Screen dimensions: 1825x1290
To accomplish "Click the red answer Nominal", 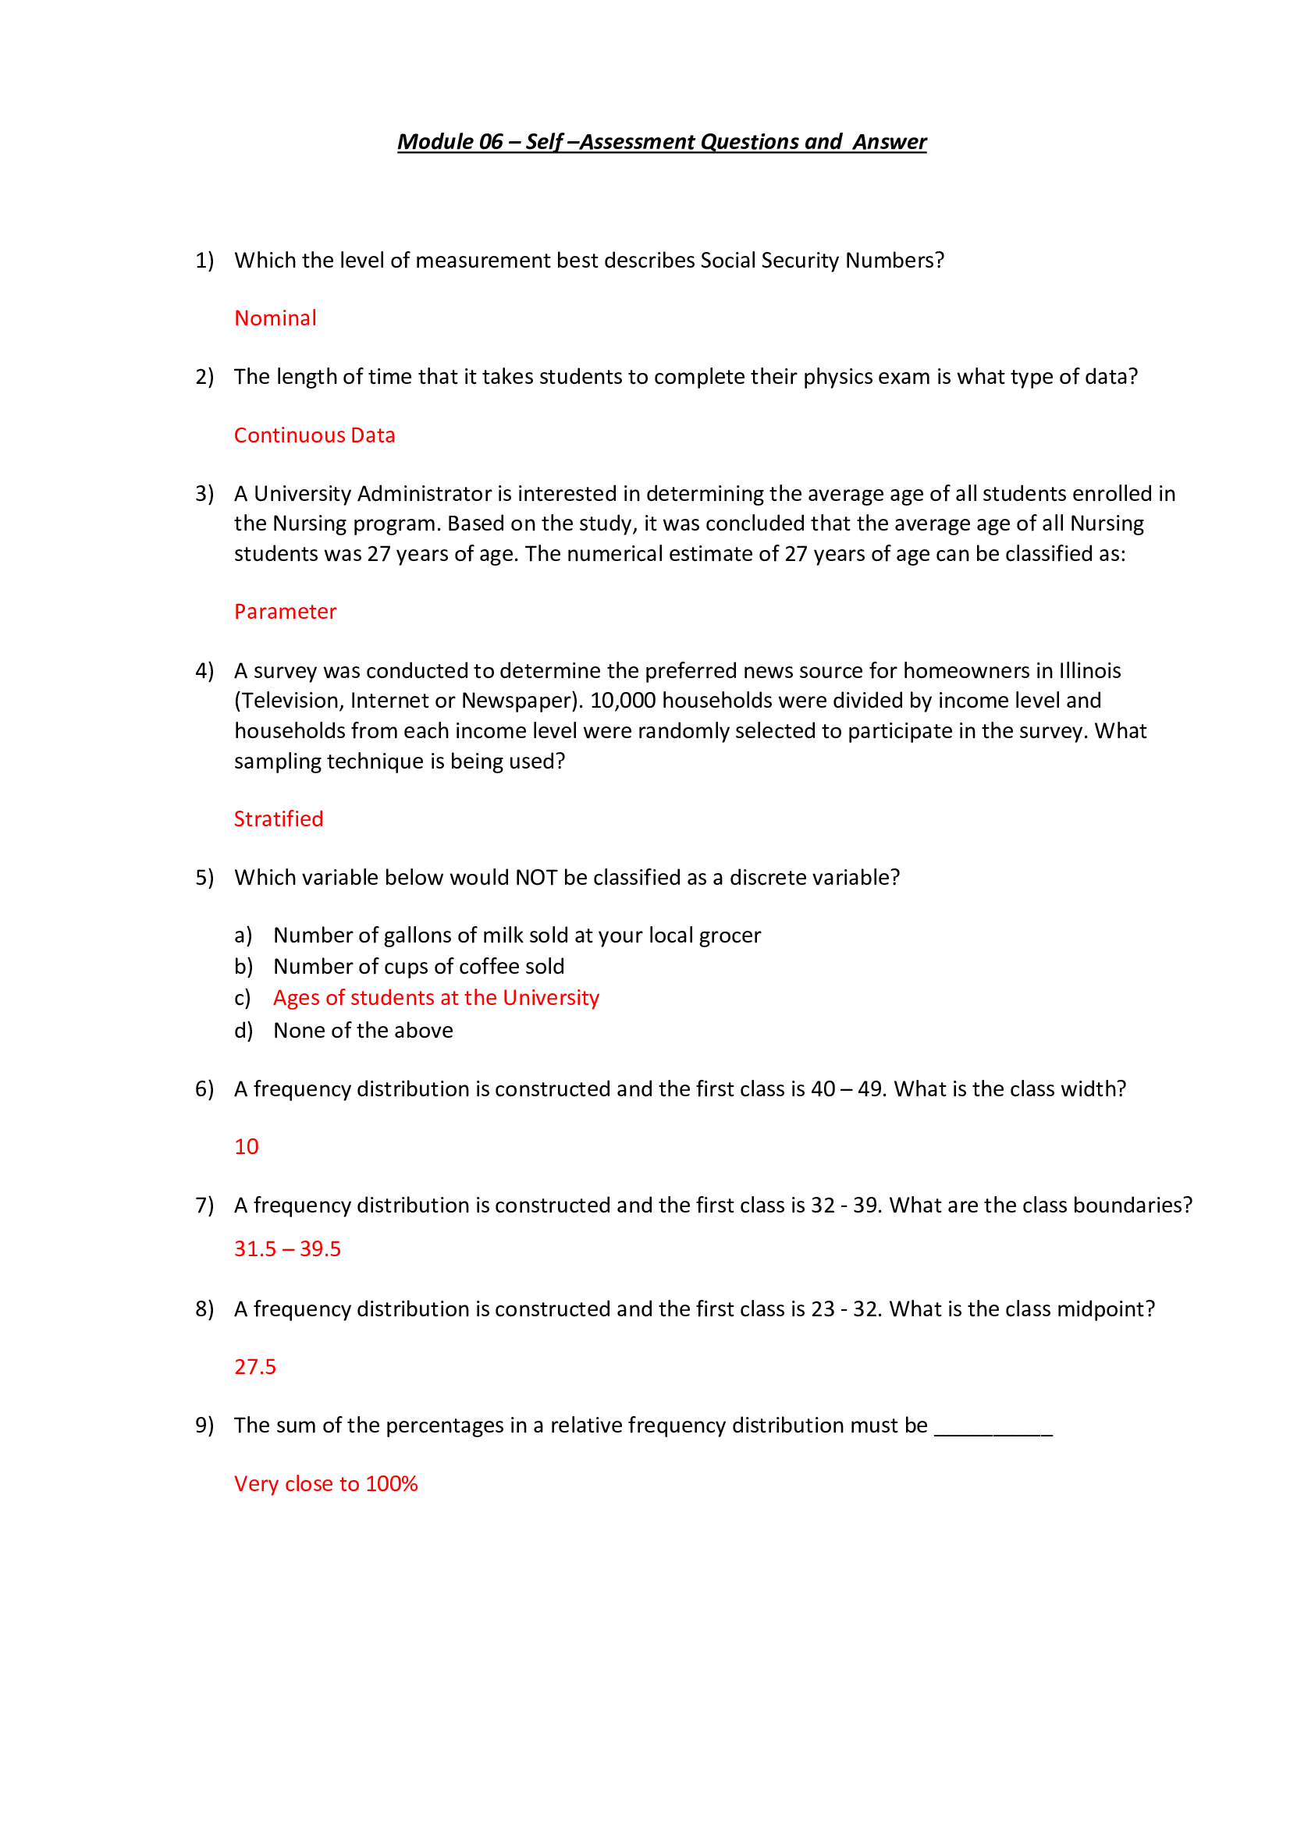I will [x=275, y=318].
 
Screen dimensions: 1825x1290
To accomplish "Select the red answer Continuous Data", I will [x=314, y=435].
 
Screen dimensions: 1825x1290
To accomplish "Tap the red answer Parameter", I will [x=285, y=611].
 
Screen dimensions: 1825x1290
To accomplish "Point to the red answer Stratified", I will [x=278, y=818].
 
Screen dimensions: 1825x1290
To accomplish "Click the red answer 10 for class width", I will [x=247, y=1146].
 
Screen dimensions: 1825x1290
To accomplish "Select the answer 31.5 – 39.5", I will [x=287, y=1248].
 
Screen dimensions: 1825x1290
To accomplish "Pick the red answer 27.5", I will [x=255, y=1366].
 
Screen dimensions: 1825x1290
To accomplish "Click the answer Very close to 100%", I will [x=326, y=1483].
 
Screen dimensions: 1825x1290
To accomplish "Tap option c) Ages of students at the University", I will [x=435, y=998].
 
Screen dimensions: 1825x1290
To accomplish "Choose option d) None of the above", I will [x=362, y=1030].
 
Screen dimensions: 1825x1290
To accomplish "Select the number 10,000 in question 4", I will [x=622, y=700].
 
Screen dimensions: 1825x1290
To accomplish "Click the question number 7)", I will [x=204, y=1205].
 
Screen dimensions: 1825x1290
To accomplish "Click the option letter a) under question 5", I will [x=243, y=936].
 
